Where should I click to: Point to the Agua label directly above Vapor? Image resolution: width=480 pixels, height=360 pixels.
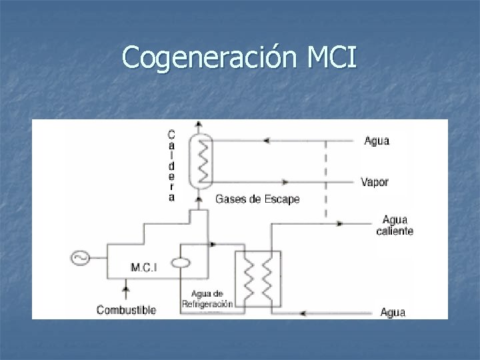tap(377, 141)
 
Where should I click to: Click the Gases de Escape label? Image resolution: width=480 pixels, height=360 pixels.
tap(257, 199)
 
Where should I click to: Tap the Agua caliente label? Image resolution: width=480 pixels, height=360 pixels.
tap(395, 225)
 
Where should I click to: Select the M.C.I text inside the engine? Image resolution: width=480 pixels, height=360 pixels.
tap(144, 267)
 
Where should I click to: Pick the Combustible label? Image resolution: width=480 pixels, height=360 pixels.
tap(127, 309)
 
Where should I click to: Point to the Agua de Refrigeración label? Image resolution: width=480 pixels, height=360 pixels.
tap(207, 299)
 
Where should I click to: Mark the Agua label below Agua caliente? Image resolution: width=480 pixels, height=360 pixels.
tap(393, 311)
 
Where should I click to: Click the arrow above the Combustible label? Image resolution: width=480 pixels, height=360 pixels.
tap(124, 289)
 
